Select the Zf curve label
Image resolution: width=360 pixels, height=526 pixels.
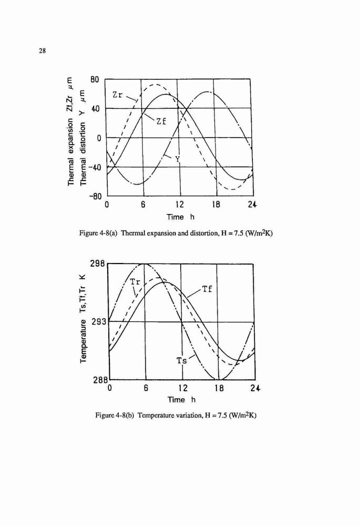(161, 122)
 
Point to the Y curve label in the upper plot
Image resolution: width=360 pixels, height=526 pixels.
(178, 159)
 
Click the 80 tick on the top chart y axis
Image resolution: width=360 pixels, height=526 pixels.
(95, 80)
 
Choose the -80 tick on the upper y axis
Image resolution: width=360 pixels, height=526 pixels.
(95, 196)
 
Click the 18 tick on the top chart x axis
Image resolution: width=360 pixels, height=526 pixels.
(216, 204)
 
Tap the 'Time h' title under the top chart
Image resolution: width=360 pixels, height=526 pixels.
(180, 217)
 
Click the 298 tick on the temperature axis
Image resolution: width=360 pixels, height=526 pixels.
(98, 264)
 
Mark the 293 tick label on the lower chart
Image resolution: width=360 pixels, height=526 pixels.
(98, 321)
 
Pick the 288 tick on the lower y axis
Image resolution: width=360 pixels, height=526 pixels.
(98, 380)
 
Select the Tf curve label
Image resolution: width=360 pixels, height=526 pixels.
(207, 289)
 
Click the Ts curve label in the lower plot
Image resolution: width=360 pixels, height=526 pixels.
(182, 361)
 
